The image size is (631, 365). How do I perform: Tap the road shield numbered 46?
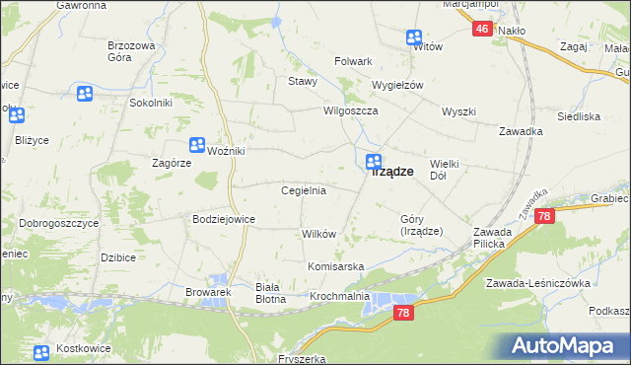pyautogui.click(x=481, y=30)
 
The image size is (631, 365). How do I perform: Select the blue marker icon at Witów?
pyautogui.click(x=413, y=37)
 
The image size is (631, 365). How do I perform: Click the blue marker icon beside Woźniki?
pyautogui.click(x=197, y=144)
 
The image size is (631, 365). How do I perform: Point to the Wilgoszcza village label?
pyautogui.click(x=352, y=111)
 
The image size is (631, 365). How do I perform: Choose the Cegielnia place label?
pyautogui.click(x=304, y=190)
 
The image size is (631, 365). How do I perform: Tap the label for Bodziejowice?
pyautogui.click(x=224, y=219)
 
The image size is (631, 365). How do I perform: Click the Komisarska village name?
pyautogui.click(x=336, y=267)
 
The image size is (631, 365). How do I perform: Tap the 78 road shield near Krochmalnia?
pyautogui.click(x=402, y=312)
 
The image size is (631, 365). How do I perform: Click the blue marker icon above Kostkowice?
pyautogui.click(x=40, y=353)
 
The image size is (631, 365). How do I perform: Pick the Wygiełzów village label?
pyautogui.click(x=397, y=85)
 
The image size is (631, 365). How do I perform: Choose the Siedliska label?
pyautogui.click(x=579, y=116)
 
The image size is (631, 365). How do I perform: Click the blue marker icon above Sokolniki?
pyautogui.click(x=84, y=94)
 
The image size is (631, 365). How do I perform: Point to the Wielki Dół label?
pyautogui.click(x=446, y=170)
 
